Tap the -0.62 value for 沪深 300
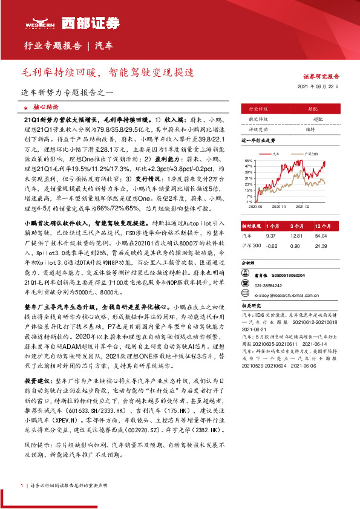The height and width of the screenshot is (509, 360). (x=271, y=245)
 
